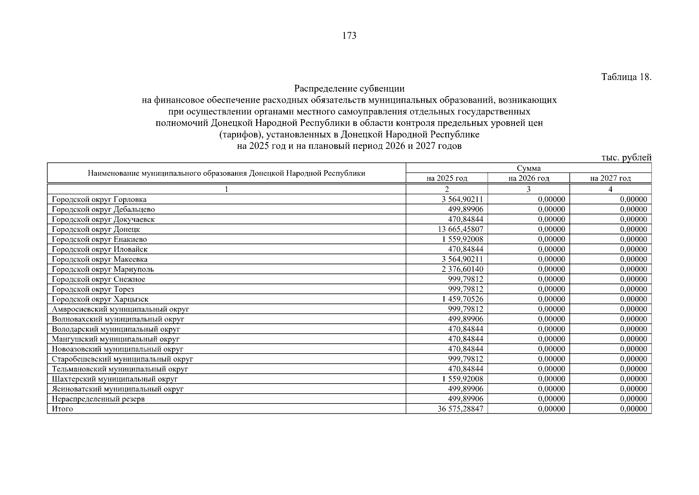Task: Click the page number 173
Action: pyautogui.click(x=349, y=36)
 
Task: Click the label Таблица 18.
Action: pyautogui.click(x=626, y=77)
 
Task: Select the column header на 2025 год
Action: pyautogui.click(x=447, y=178)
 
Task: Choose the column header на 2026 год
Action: pyautogui.click(x=528, y=178)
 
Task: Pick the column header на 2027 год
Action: pyautogui.click(x=610, y=178)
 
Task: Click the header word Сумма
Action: pyautogui.click(x=528, y=168)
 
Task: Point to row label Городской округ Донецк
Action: pyautogui.click(x=96, y=229)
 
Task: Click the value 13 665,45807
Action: pyautogui.click(x=461, y=229)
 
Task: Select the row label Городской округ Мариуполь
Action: pyautogui.click(x=103, y=269)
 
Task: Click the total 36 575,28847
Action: pyautogui.click(x=461, y=409)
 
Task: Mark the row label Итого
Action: pyautogui.click(x=62, y=409)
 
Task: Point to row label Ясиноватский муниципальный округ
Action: pyautogui.click(x=118, y=389)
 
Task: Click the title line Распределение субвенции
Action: pyautogui.click(x=349, y=89)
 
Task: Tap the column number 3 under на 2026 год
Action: pyautogui.click(x=528, y=189)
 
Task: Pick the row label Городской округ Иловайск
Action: pyautogui.click(x=100, y=249)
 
